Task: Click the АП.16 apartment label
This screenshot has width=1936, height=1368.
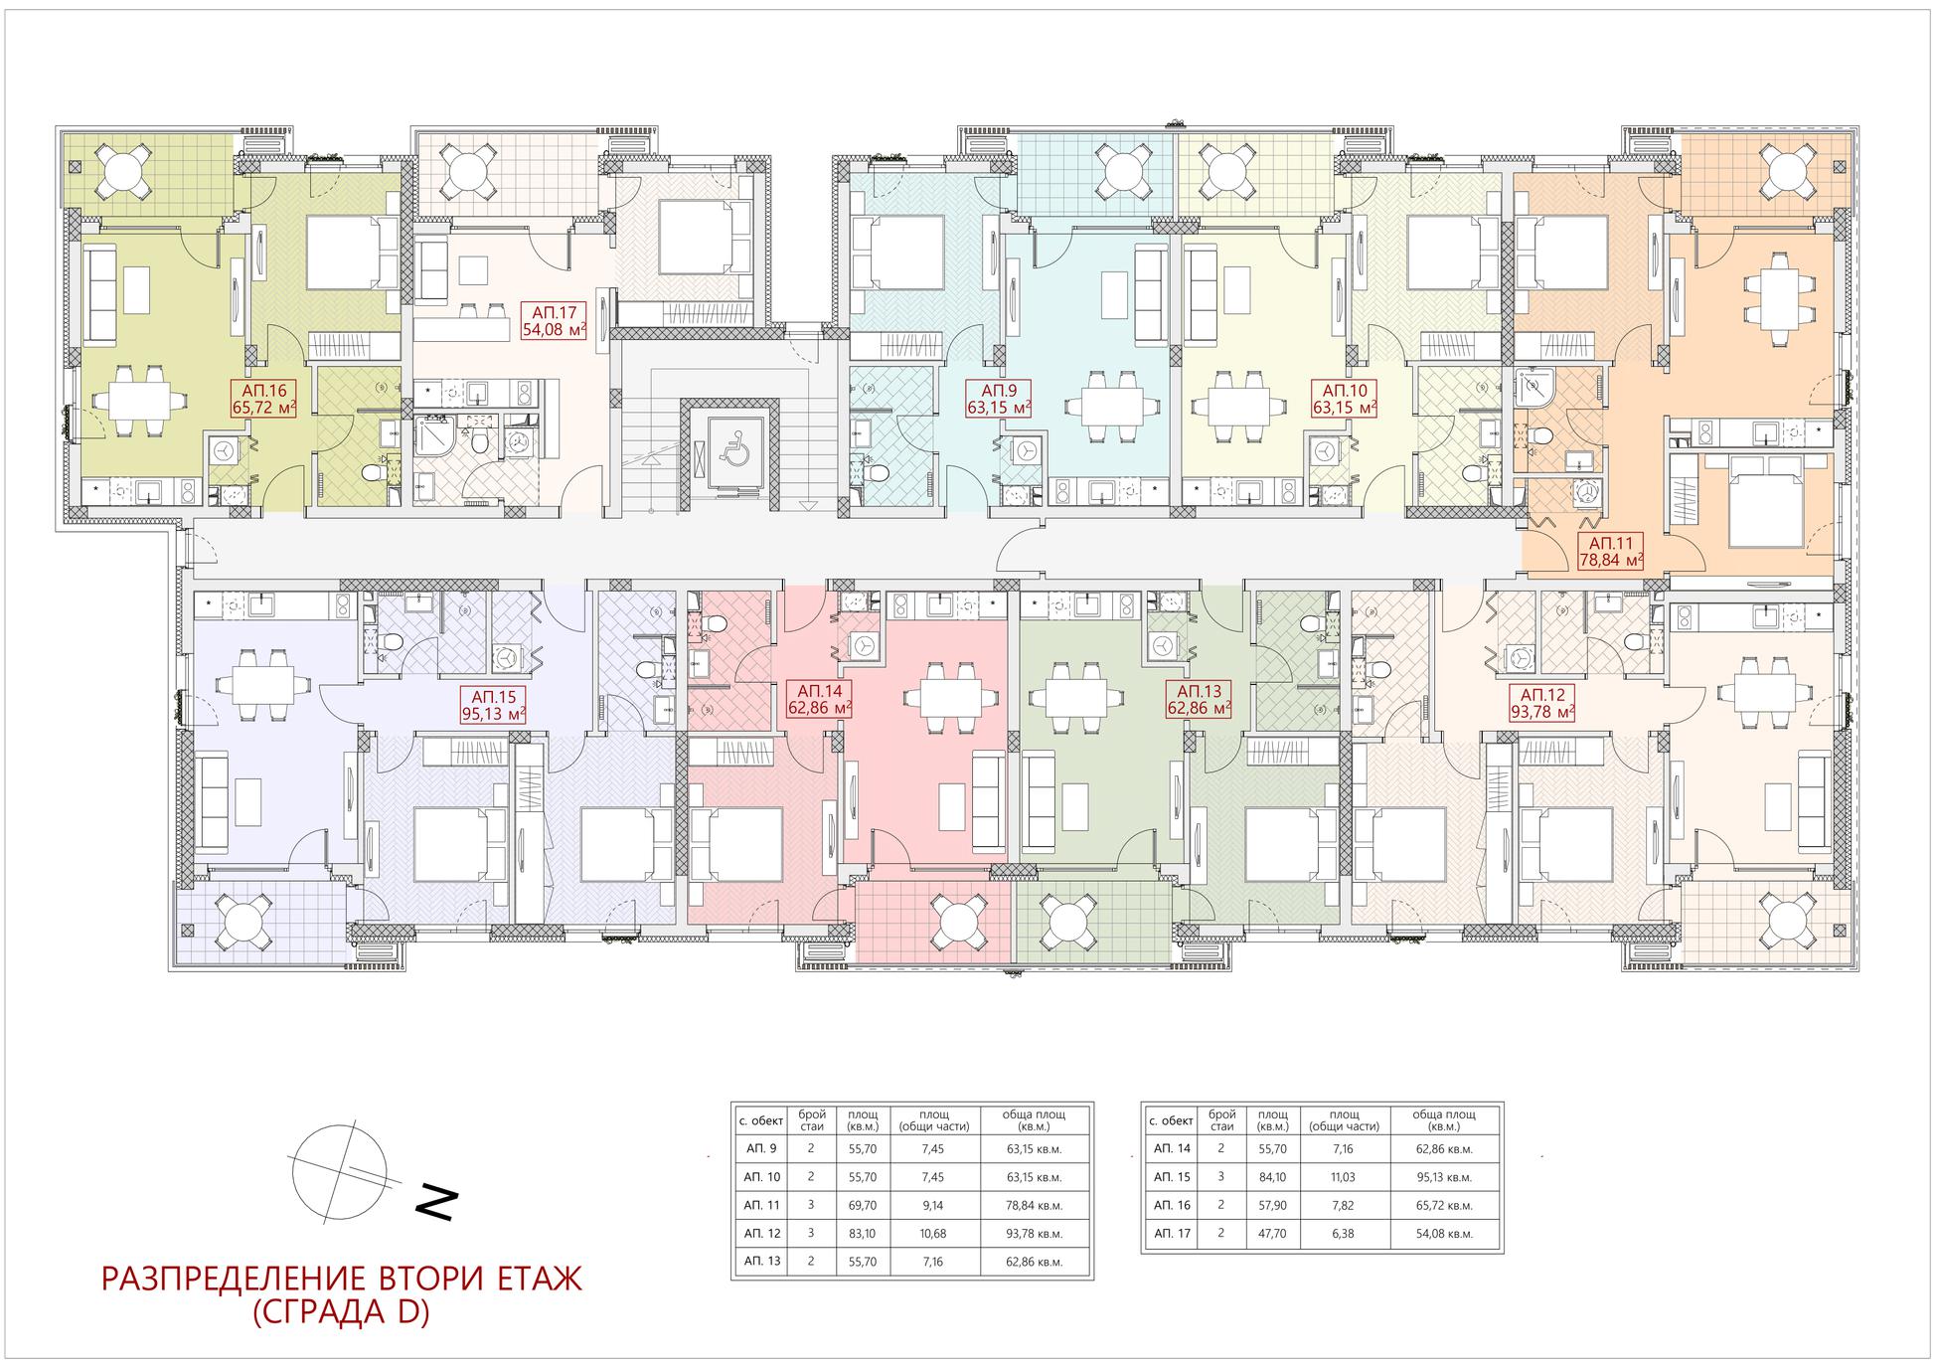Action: (x=262, y=401)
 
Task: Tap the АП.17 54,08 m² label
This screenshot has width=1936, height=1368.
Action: (x=554, y=322)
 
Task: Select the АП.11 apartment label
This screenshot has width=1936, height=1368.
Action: (x=1610, y=552)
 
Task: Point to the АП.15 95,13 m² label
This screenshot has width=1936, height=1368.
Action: (x=492, y=704)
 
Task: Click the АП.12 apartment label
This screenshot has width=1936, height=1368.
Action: (x=1541, y=703)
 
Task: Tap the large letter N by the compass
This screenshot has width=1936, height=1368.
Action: (x=436, y=1203)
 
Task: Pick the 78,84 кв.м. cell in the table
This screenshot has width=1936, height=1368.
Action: (x=1034, y=1205)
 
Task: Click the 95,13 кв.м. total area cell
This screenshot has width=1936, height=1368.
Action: (x=1444, y=1177)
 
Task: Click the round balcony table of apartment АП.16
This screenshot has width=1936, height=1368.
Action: (x=118, y=169)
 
